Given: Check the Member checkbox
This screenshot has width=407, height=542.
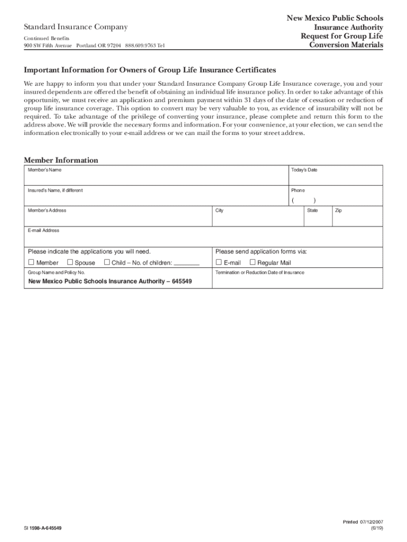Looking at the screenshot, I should click(x=31, y=263).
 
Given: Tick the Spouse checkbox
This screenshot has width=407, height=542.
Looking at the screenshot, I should click(x=70, y=263).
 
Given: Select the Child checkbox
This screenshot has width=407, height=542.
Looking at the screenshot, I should click(x=107, y=263).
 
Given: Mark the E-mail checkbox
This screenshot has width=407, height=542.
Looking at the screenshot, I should click(x=219, y=263).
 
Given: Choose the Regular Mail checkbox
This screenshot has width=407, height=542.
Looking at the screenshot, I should click(x=252, y=263).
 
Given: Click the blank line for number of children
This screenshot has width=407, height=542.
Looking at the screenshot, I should click(x=187, y=263).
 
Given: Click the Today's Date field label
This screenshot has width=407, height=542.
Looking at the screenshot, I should click(x=304, y=170).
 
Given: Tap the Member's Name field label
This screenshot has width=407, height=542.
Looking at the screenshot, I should click(x=44, y=170).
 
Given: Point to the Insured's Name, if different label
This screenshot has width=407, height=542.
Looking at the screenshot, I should click(x=55, y=191).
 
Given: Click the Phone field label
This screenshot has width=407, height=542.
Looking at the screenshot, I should click(x=298, y=191).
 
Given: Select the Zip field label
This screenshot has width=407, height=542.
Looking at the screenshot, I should click(x=338, y=211).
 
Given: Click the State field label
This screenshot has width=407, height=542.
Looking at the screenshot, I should click(x=312, y=211).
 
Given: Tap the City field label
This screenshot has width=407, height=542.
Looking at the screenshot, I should click(x=219, y=211).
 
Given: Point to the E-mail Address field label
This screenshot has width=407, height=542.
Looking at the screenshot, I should click(x=43, y=231).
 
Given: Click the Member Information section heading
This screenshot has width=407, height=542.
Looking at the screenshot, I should click(x=61, y=160).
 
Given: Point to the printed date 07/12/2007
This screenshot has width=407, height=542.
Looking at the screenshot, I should click(x=372, y=522).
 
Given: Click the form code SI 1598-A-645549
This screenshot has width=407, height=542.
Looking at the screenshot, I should click(x=46, y=528).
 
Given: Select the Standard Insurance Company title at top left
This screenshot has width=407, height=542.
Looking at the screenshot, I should click(x=75, y=27).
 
